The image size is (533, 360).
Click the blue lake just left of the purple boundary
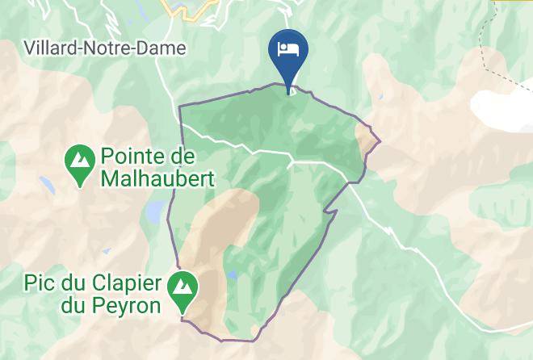153,212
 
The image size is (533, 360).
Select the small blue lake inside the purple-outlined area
232,276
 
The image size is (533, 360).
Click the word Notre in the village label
111,48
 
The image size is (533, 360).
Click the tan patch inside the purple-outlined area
218,234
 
